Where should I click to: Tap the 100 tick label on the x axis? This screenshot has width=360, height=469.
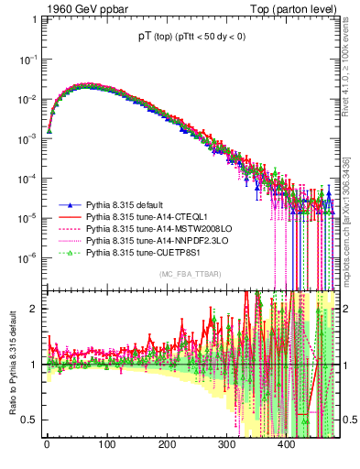106,444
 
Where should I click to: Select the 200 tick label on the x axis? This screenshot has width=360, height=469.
167,444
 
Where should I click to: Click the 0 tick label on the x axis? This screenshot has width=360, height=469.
47,444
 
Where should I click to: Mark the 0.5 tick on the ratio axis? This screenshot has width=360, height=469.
27,420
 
